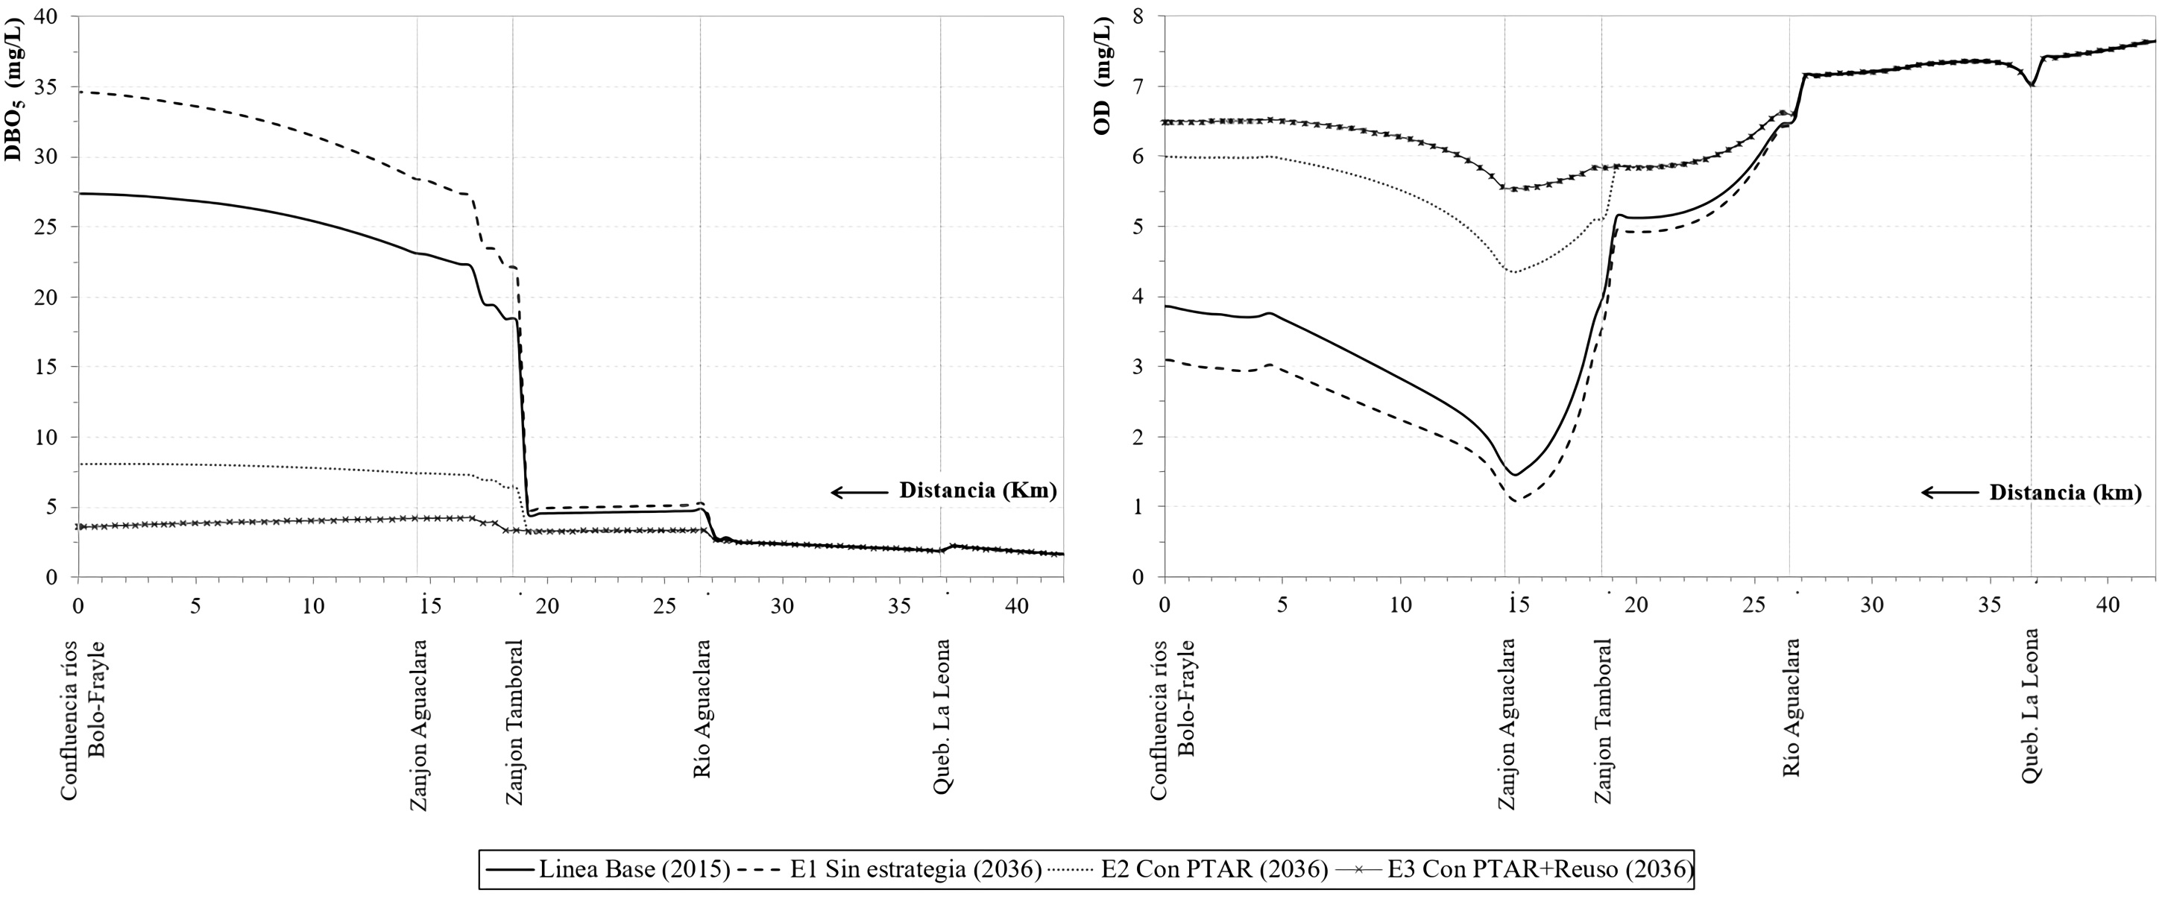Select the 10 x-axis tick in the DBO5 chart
(x=313, y=605)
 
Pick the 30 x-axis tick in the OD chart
(x=1872, y=605)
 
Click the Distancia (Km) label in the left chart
(x=978, y=491)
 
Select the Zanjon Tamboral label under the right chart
(x=1604, y=721)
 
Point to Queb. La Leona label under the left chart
(x=942, y=716)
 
